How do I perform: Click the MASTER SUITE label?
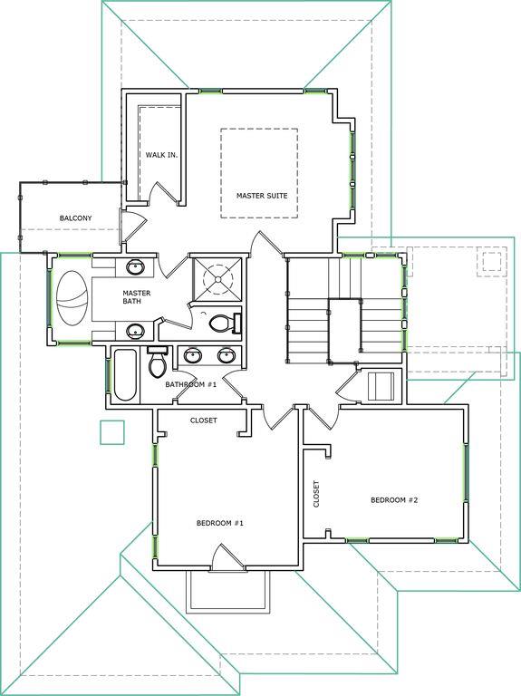tap(262, 196)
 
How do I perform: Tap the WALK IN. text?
tap(161, 155)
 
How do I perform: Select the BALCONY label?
tap(75, 217)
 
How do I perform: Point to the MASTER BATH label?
tap(136, 297)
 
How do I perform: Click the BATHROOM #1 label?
tap(191, 384)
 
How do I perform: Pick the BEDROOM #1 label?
tap(220, 523)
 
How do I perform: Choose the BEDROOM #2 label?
tap(394, 500)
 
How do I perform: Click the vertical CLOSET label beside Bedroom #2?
tap(316, 494)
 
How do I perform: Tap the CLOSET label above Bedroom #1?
tap(204, 420)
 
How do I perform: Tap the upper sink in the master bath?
tap(134, 267)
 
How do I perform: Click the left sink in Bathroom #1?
tap(193, 355)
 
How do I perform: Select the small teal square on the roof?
tap(112, 432)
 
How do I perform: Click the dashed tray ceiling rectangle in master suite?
tap(259, 130)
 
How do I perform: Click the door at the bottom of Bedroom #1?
tap(227, 556)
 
